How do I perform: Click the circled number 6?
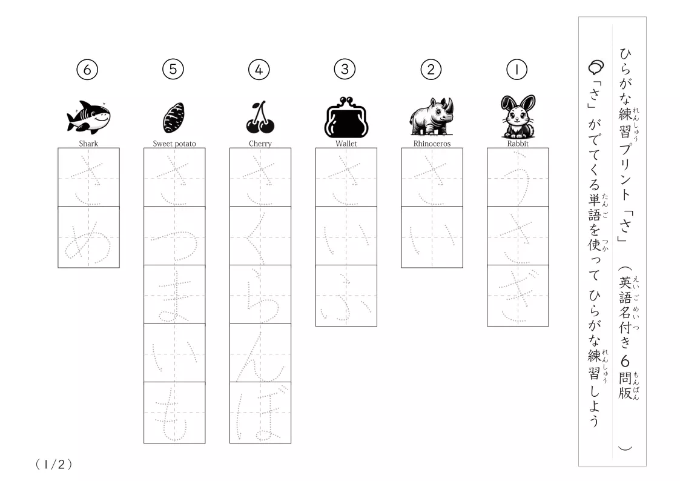coord(87,70)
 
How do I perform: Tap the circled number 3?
coord(345,69)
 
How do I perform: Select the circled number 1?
coord(517,70)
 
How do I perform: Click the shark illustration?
coord(88,116)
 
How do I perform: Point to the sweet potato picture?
coord(174,118)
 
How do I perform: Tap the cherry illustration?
coord(260,118)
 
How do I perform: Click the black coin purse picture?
coord(346,117)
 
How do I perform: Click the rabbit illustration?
coord(518,116)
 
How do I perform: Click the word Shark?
coord(88,144)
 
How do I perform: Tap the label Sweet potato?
coord(174,144)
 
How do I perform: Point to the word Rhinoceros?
coord(432,144)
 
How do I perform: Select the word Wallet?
coord(346,144)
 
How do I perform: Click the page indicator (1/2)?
coord(54,465)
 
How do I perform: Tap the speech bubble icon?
coord(596,67)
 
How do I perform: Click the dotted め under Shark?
coord(88,242)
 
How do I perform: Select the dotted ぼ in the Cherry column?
coord(260,413)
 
